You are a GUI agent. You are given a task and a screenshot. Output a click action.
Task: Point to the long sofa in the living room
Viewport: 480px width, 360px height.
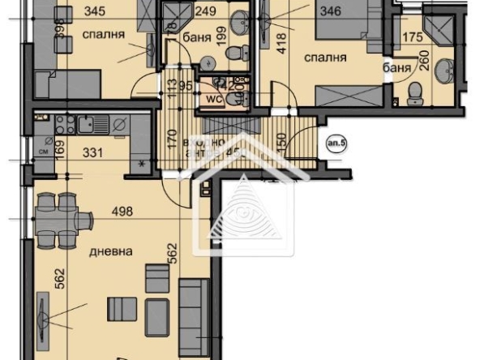[194, 309]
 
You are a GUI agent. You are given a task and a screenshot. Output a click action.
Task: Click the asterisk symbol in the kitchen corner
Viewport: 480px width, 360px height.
[144, 164]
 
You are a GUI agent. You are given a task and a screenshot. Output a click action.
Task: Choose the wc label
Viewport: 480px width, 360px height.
[212, 99]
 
